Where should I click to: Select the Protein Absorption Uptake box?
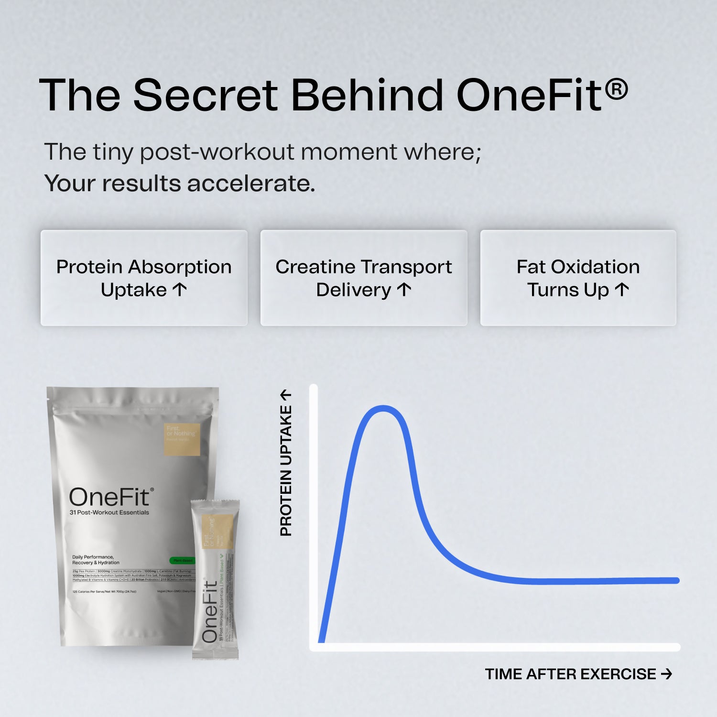coord(144,278)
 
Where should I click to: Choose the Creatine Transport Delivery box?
coord(364,278)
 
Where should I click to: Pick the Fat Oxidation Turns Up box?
coord(578,278)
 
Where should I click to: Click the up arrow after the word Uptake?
coord(180,289)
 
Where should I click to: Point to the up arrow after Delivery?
coord(404,289)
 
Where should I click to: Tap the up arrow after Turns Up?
coord(621,289)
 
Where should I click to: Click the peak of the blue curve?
coord(383,408)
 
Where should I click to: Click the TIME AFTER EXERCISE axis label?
coord(570,674)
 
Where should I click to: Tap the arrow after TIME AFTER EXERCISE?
coord(666,674)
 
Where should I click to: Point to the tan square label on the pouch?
coord(182,439)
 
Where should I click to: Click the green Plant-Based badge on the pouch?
coord(183,560)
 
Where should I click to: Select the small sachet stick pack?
coord(215,579)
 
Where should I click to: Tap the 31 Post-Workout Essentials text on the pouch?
coord(109,512)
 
